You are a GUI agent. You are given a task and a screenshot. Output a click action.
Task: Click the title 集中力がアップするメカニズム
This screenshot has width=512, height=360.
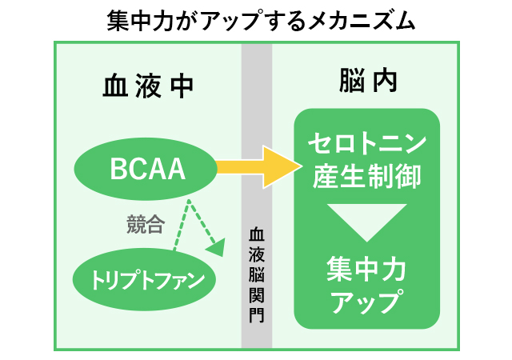[x=256, y=20]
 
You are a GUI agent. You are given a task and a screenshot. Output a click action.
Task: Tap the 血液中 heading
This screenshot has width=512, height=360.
[x=147, y=84]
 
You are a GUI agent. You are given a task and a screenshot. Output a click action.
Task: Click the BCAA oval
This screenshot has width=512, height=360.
[x=147, y=169]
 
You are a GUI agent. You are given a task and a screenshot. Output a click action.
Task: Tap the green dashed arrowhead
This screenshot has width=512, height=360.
[x=215, y=249]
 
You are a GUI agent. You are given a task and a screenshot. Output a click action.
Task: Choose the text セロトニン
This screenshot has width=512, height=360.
[x=367, y=146]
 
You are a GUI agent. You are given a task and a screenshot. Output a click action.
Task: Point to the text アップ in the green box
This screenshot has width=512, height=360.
[x=367, y=302]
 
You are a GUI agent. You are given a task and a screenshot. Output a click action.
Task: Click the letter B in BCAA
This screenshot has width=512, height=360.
[x=118, y=169]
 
